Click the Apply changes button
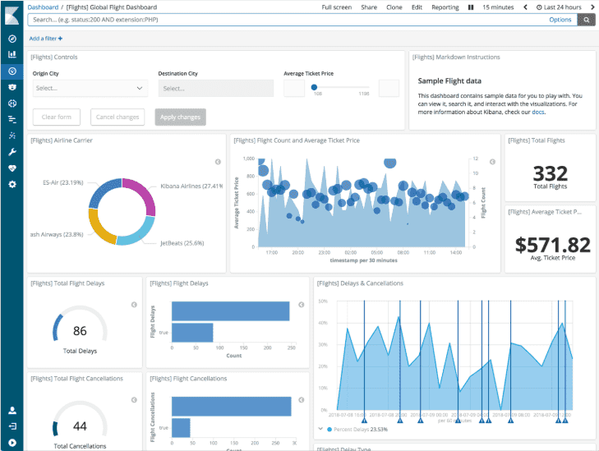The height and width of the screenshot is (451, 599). click(179, 117)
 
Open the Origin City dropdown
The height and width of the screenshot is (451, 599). click(90, 88)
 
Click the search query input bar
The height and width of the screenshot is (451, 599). click(279, 20)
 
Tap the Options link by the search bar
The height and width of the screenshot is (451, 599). click(560, 20)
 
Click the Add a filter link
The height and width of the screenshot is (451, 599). click(46, 39)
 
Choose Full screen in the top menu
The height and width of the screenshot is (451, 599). click(337, 7)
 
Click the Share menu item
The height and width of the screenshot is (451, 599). click(369, 7)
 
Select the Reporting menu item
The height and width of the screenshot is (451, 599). click(445, 7)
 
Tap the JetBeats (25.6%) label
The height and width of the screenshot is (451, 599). click(182, 243)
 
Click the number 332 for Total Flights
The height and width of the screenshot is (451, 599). click(550, 173)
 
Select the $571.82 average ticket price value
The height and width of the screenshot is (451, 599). click(552, 244)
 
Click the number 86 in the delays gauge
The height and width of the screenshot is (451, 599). click(80, 332)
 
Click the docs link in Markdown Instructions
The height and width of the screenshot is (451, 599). click(537, 112)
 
